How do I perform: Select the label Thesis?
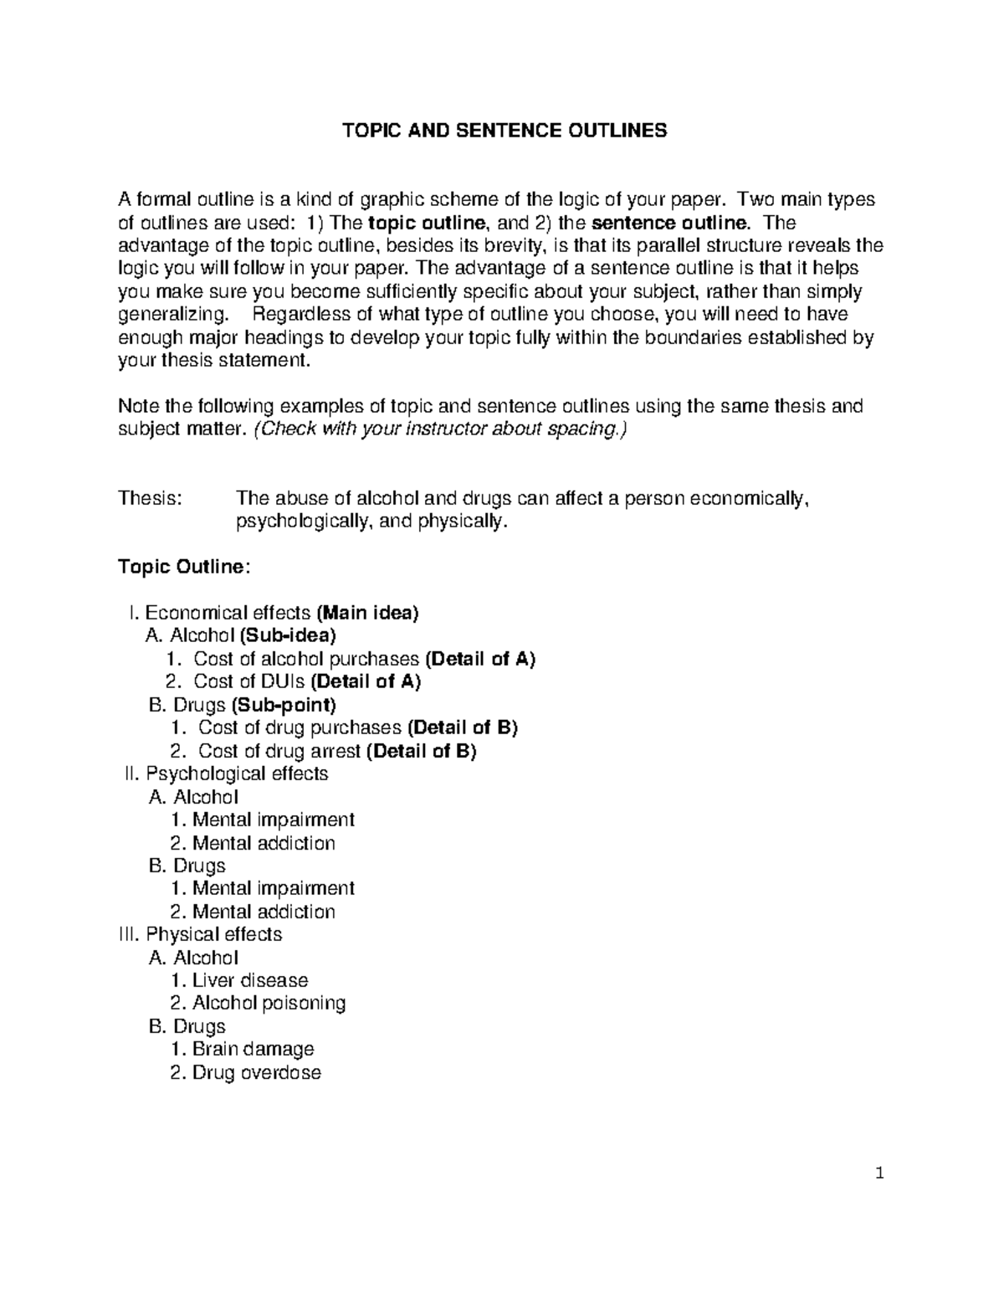[x=150, y=499]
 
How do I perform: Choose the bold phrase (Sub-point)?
[x=284, y=705]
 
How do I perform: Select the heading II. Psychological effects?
[x=226, y=773]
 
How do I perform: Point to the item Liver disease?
[x=249, y=980]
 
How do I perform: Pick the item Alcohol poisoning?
[x=268, y=1003]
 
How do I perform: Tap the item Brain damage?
[x=253, y=1049]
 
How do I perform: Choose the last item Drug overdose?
[x=256, y=1072]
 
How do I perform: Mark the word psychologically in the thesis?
[x=304, y=522]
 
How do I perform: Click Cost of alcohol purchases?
[x=306, y=659]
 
